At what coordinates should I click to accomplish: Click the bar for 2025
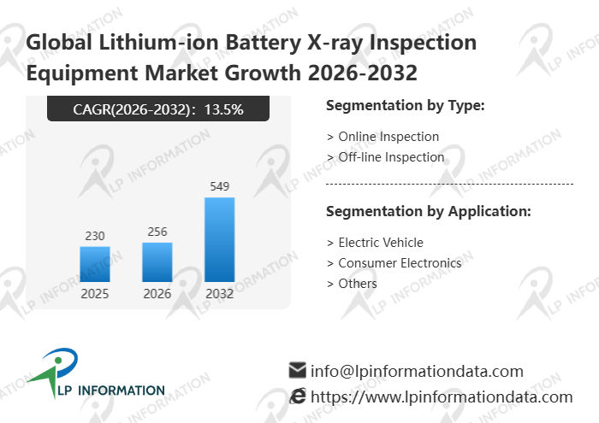click(95, 264)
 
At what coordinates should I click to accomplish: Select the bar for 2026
click(157, 262)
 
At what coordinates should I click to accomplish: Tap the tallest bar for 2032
click(219, 239)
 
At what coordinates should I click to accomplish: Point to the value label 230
click(95, 236)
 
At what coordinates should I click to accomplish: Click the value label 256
click(157, 232)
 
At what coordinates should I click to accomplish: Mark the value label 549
click(219, 186)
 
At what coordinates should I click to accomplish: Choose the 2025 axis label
click(95, 294)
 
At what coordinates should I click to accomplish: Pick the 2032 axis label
click(219, 294)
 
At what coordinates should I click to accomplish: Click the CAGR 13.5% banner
click(158, 109)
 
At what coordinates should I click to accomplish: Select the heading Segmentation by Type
click(406, 106)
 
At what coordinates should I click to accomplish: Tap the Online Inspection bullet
click(383, 137)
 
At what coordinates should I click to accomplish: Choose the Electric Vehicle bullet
click(376, 243)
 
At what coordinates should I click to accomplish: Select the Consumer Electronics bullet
click(394, 263)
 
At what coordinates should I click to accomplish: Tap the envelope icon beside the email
click(298, 371)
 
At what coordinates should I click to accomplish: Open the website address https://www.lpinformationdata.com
click(442, 397)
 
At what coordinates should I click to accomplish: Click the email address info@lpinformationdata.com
click(417, 372)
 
